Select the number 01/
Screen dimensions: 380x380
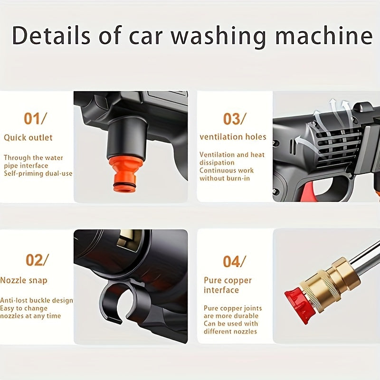coord(36,118)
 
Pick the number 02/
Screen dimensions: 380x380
coord(37,260)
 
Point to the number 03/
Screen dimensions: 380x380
coord(235,119)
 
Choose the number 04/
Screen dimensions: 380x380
coord(235,261)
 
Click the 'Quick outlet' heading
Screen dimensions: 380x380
coord(28,138)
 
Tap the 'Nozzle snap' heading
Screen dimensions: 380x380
coord(24,280)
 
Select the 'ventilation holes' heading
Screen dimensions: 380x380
coord(233,137)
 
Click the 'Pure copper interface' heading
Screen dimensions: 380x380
coord(228,285)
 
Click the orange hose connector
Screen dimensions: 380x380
coord(125,173)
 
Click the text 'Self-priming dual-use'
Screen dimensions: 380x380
coord(38,173)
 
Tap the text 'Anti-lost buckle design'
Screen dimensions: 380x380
coord(37,300)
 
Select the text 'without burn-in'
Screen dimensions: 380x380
coord(225,178)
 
